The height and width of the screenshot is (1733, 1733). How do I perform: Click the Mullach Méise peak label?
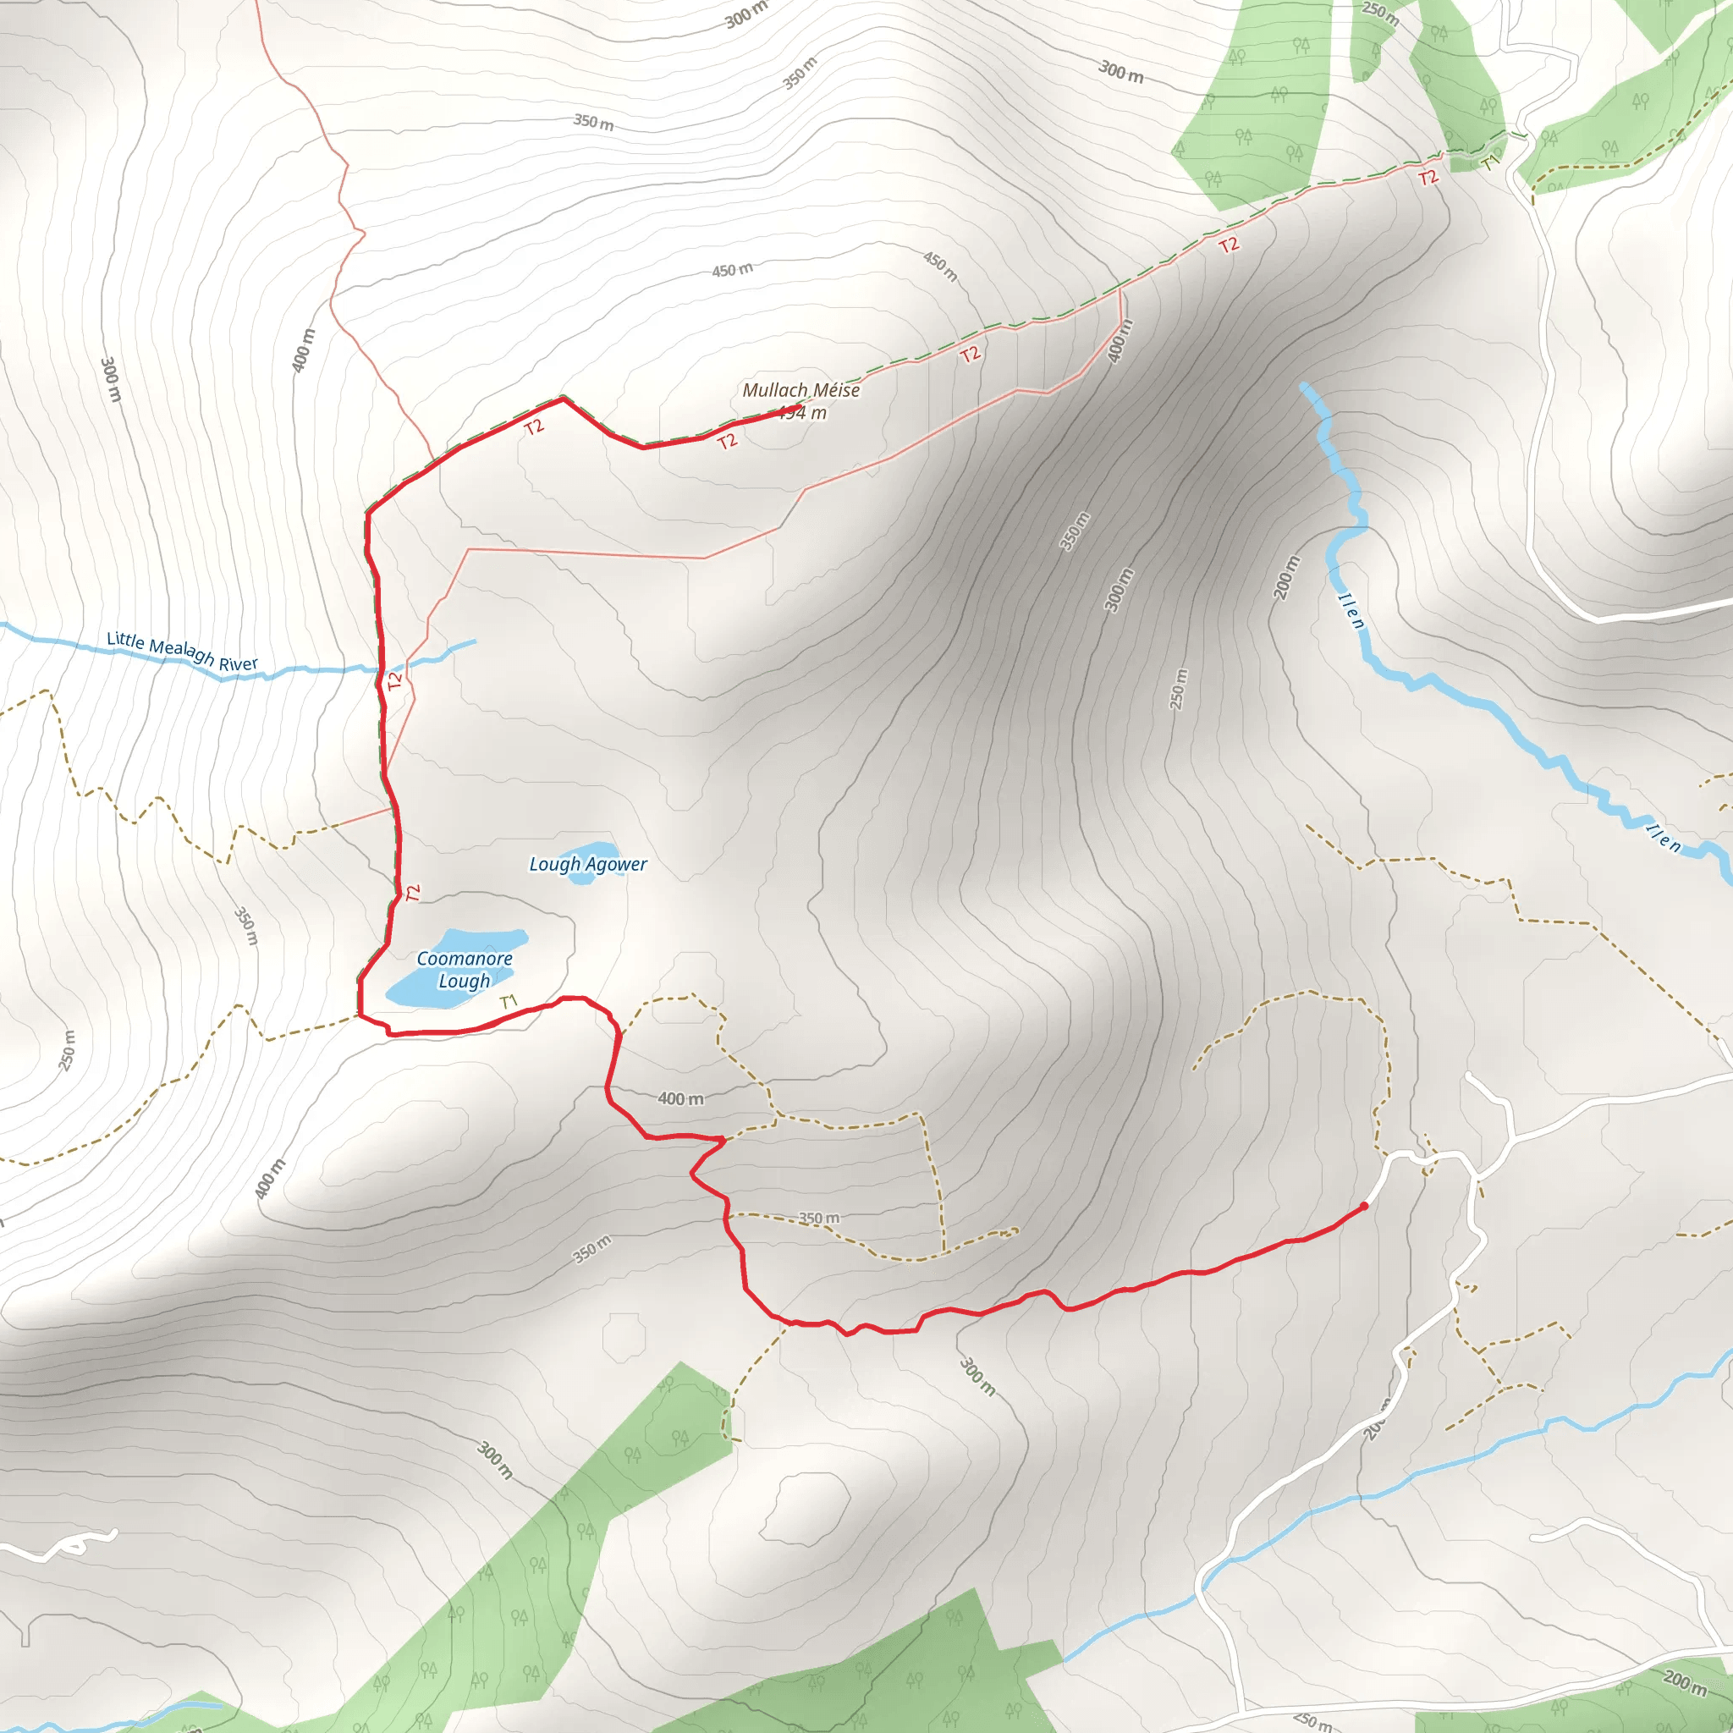point(801,390)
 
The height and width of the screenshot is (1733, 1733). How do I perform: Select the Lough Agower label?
point(587,865)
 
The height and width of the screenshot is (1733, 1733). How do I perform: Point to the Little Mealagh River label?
point(182,652)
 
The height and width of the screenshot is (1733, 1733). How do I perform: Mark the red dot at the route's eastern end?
point(1363,1207)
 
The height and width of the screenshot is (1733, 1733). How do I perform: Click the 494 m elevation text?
point(803,414)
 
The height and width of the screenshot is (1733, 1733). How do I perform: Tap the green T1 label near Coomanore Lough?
point(509,1001)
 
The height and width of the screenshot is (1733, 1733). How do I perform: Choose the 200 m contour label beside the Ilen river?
point(1286,578)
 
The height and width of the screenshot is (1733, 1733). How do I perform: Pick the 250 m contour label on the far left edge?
point(69,1050)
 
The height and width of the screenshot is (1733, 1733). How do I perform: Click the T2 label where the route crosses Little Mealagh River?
point(394,682)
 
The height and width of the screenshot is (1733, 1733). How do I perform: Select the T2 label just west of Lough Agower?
point(413,894)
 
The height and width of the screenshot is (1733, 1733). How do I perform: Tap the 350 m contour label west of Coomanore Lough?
point(245,926)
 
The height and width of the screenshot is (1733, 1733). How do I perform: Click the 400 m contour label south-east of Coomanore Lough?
point(681,1099)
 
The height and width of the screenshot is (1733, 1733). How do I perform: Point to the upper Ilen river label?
point(1351,611)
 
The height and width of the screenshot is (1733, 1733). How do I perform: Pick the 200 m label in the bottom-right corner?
point(1685,1683)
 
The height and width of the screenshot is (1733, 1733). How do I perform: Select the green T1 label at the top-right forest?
point(1490,163)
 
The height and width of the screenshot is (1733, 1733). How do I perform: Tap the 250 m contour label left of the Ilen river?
point(1179,689)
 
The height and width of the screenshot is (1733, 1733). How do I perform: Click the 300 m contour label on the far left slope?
point(109,379)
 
